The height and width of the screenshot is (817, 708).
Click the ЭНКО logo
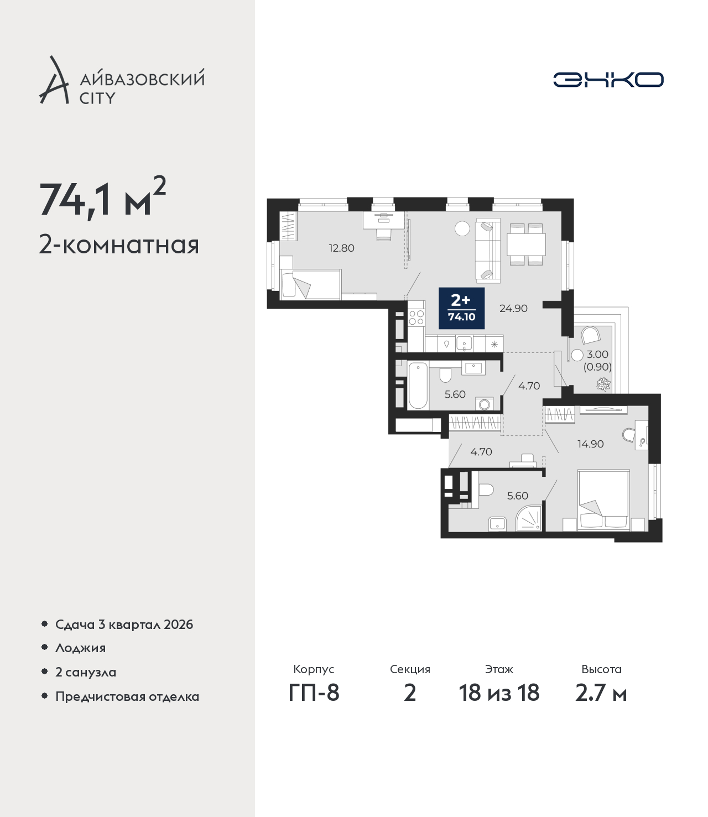[608, 80]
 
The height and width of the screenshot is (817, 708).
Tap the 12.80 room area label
[341, 248]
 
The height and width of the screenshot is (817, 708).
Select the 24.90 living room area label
[513, 308]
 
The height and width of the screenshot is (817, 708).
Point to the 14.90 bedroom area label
[590, 444]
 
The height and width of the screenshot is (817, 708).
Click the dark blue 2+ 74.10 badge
[462, 308]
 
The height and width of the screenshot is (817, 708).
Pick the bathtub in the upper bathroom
[418, 386]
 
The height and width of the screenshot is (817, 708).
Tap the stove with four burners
[417, 317]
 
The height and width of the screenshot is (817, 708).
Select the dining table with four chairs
[526, 244]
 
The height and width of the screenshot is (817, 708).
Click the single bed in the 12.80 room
[310, 284]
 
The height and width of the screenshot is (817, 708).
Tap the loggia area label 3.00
[597, 355]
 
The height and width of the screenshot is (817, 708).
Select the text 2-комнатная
[119, 246]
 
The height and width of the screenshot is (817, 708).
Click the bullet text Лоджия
[80, 648]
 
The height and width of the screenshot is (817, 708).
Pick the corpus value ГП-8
[314, 693]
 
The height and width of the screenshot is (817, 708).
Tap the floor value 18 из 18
[499, 693]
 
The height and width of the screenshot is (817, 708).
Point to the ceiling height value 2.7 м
[601, 693]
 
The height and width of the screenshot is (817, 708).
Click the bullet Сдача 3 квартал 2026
[124, 625]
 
